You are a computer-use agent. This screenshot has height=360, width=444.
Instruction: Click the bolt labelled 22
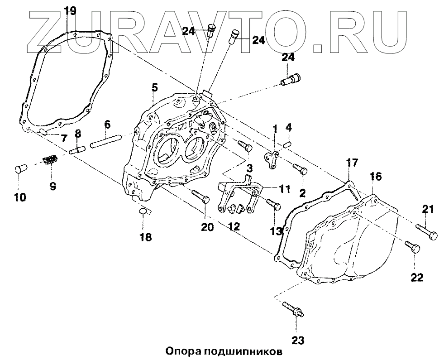point(412,247)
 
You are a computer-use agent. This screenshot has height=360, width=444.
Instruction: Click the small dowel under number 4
point(287,144)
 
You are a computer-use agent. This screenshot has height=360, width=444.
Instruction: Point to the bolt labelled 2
point(301,169)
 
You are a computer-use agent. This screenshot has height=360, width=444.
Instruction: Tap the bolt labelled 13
point(273,204)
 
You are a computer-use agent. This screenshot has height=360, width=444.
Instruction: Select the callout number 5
point(154,87)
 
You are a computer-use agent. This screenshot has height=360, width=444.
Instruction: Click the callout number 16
point(375,176)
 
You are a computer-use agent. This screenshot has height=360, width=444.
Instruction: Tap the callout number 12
point(234,226)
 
